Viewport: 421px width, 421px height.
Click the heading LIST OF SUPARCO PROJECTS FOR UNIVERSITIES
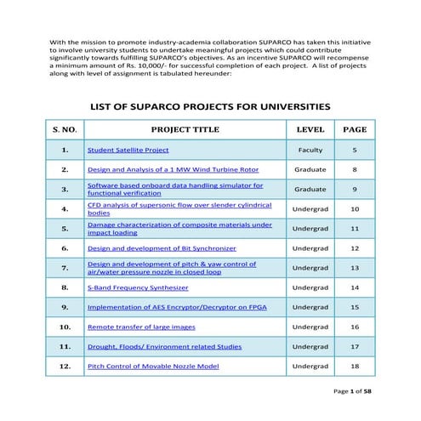(x=210, y=106)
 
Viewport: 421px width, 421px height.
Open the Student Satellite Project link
(x=128, y=150)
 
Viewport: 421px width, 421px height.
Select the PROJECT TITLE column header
(x=185, y=130)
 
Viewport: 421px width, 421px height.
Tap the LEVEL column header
(x=310, y=130)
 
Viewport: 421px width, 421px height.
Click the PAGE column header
(x=355, y=130)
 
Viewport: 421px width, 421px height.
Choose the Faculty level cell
(x=310, y=150)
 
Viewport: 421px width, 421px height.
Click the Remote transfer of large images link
(x=141, y=327)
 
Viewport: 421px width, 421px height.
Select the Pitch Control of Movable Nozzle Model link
(x=153, y=366)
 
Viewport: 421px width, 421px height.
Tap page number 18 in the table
(x=355, y=366)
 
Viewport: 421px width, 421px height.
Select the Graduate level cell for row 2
(x=310, y=169)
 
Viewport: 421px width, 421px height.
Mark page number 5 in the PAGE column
(x=355, y=150)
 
